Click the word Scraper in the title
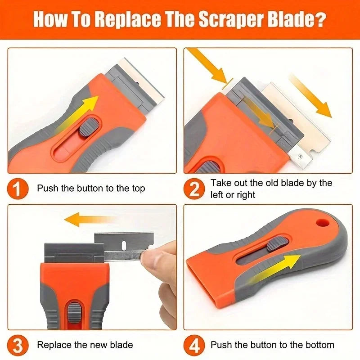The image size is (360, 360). click(x=226, y=20)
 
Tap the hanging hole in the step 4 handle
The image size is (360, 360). click(x=320, y=223)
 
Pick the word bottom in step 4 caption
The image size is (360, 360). click(x=319, y=345)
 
